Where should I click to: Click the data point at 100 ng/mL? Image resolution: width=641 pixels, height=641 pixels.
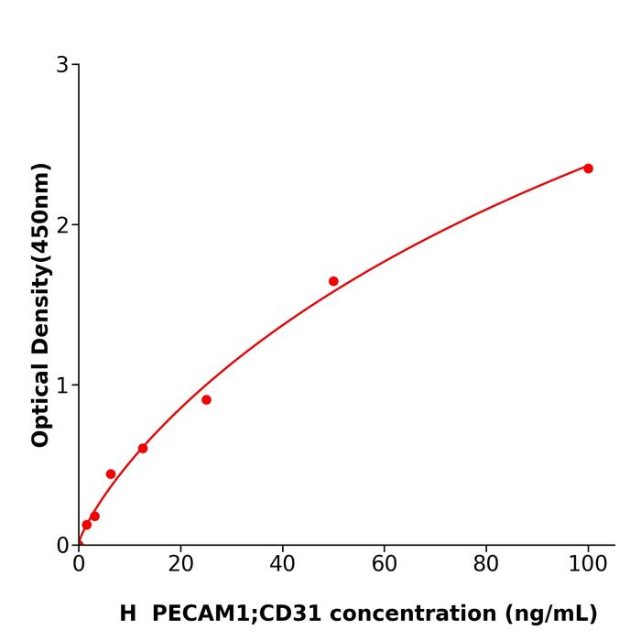click(588, 168)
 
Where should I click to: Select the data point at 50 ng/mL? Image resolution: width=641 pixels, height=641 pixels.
click(333, 281)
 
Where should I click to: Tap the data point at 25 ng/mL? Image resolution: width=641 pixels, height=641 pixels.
click(206, 400)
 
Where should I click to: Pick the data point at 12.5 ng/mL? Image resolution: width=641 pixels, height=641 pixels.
click(143, 449)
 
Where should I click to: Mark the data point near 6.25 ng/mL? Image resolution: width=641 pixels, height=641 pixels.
click(111, 474)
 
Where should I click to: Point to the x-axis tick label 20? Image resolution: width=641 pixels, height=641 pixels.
click(180, 565)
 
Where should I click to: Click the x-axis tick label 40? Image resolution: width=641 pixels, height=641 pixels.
click(282, 565)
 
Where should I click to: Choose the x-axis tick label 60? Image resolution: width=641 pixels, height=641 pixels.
click(385, 565)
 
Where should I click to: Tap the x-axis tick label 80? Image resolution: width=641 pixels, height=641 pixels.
click(486, 565)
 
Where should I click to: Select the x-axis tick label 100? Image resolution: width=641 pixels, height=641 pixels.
click(588, 565)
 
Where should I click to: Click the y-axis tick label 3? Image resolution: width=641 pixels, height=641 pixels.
click(62, 65)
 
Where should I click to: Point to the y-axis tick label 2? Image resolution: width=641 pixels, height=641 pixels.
click(62, 225)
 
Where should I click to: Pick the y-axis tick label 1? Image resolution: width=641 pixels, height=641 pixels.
click(62, 386)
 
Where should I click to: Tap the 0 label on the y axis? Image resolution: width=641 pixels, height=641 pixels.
click(62, 546)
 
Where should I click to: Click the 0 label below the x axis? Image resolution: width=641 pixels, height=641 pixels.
click(79, 565)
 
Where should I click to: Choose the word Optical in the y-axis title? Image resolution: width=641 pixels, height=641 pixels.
click(40, 402)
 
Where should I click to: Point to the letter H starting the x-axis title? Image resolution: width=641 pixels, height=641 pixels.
click(127, 614)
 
